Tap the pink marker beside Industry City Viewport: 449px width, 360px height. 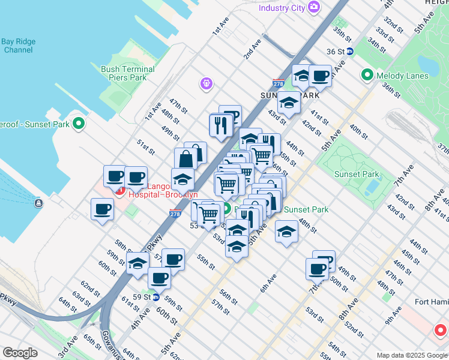pos(313,7)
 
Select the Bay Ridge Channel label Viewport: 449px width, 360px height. pos(18,46)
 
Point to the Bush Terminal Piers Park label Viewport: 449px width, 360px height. pos(127,73)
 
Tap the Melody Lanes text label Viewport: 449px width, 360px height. pos(402,76)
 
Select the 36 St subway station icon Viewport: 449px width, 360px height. pos(349,52)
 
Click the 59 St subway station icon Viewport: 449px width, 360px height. pos(155,296)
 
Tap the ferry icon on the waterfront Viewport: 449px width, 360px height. pos(38,203)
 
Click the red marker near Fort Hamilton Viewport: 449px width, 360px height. pos(440,329)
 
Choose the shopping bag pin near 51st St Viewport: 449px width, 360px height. pos(186,159)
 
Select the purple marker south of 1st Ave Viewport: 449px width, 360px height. pos(206,83)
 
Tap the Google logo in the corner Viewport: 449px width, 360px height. pos(20,352)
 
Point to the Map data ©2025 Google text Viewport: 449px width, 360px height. pos(411,355)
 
